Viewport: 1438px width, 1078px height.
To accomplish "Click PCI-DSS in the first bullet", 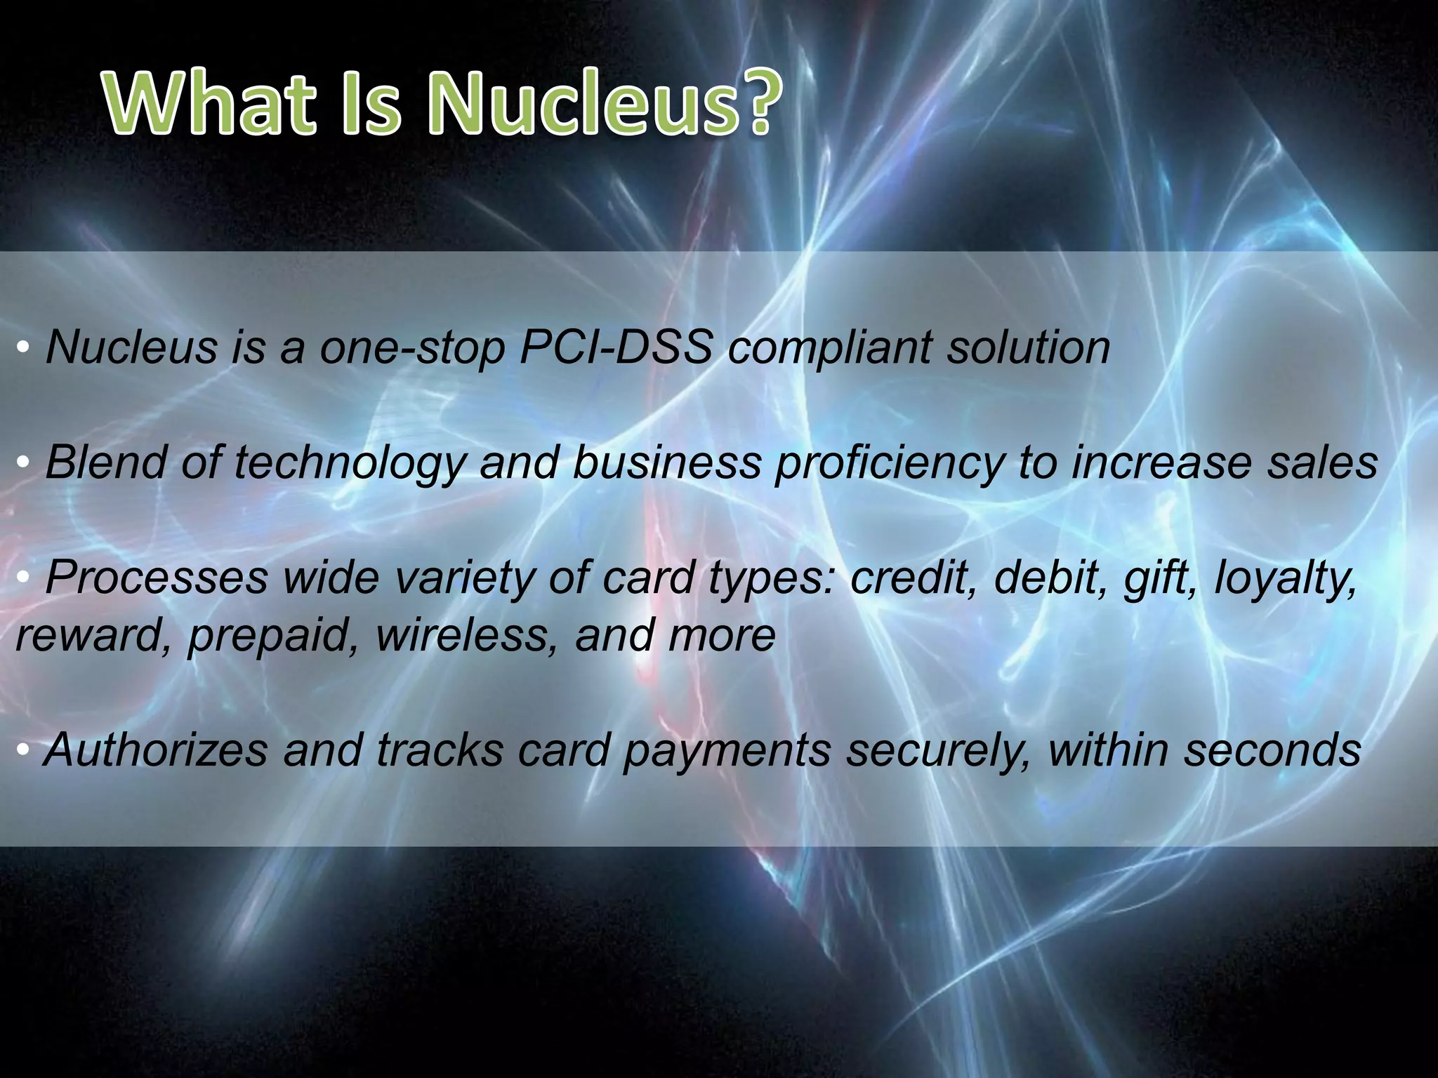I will click(x=616, y=347).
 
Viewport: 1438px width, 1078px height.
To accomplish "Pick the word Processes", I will click(x=157, y=578).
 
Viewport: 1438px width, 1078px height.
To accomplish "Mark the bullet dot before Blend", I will click(x=24, y=463).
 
